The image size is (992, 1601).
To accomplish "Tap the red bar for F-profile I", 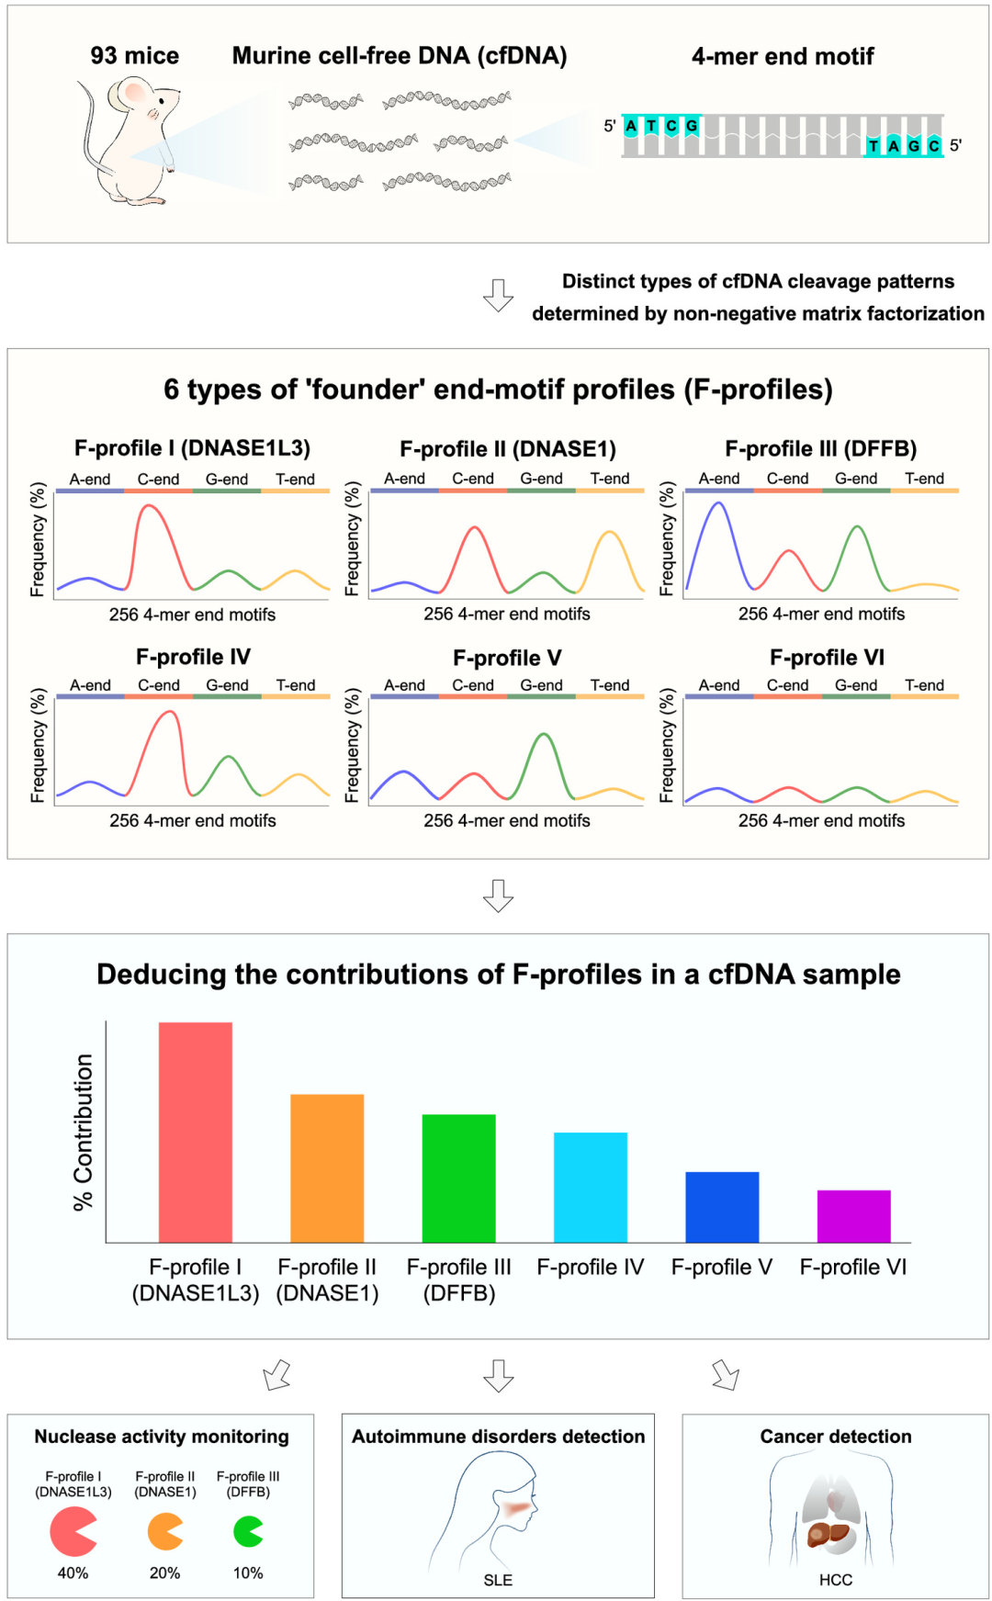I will (195, 1132).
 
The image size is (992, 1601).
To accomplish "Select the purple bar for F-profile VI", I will (853, 1216).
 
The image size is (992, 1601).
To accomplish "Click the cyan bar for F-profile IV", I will (590, 1187).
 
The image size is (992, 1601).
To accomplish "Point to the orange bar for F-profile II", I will (327, 1167).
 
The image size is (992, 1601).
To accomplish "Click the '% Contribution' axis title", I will (84, 1132).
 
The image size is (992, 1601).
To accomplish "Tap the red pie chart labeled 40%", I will (72, 1531).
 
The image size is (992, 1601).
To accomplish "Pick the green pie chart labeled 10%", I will (247, 1531).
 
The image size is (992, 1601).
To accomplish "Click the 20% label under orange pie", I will (164, 1573).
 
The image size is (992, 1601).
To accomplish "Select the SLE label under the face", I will (498, 1580).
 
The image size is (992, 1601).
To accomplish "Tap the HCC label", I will (836, 1580).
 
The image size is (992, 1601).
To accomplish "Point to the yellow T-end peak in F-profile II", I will (610, 534).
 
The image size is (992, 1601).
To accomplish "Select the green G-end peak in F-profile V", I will (544, 736).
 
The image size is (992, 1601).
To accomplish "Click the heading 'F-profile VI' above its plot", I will (827, 658).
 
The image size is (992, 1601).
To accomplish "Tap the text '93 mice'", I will (135, 56).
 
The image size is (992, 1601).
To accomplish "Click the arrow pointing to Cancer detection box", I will (726, 1375).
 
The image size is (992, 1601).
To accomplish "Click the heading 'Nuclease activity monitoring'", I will (162, 1437).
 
